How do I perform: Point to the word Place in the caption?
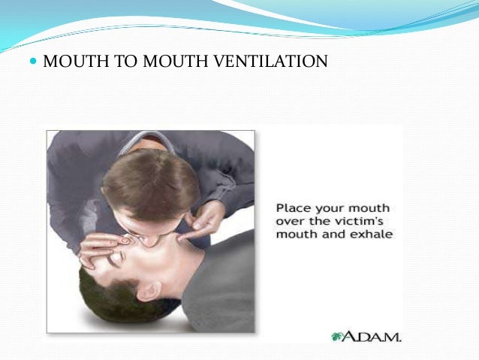point(293,207)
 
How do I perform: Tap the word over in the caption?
point(290,220)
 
